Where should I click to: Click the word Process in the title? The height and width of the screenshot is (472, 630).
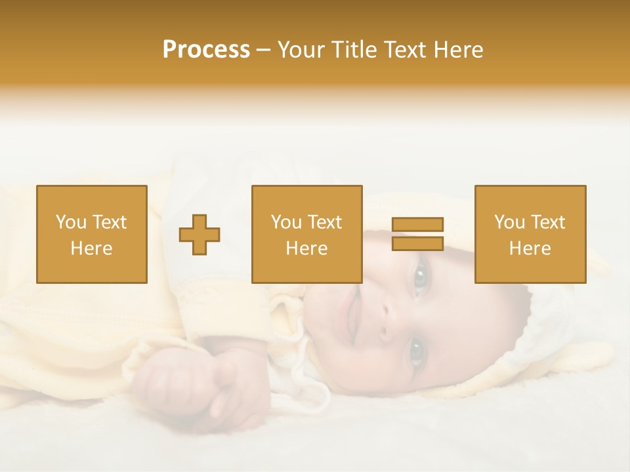pyautogui.click(x=206, y=50)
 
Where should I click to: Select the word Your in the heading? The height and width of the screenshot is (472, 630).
pyautogui.click(x=302, y=50)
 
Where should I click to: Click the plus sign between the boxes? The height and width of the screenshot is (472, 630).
pyautogui.click(x=199, y=234)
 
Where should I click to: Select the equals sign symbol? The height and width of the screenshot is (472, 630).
pyautogui.click(x=417, y=234)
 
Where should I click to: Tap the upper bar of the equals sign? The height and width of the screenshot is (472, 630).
pyautogui.click(x=417, y=224)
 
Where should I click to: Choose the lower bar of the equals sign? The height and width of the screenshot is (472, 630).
pyautogui.click(x=417, y=244)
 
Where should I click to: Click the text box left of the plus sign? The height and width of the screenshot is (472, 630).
pyautogui.click(x=92, y=234)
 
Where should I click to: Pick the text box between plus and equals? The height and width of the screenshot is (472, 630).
pyautogui.click(x=306, y=234)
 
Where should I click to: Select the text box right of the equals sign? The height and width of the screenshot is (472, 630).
pyautogui.click(x=530, y=234)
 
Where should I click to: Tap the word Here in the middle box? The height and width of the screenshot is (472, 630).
pyautogui.click(x=306, y=248)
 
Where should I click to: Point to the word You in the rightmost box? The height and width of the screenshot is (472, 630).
pyautogui.click(x=509, y=222)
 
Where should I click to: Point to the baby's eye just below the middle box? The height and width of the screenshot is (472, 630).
pyautogui.click(x=419, y=278)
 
